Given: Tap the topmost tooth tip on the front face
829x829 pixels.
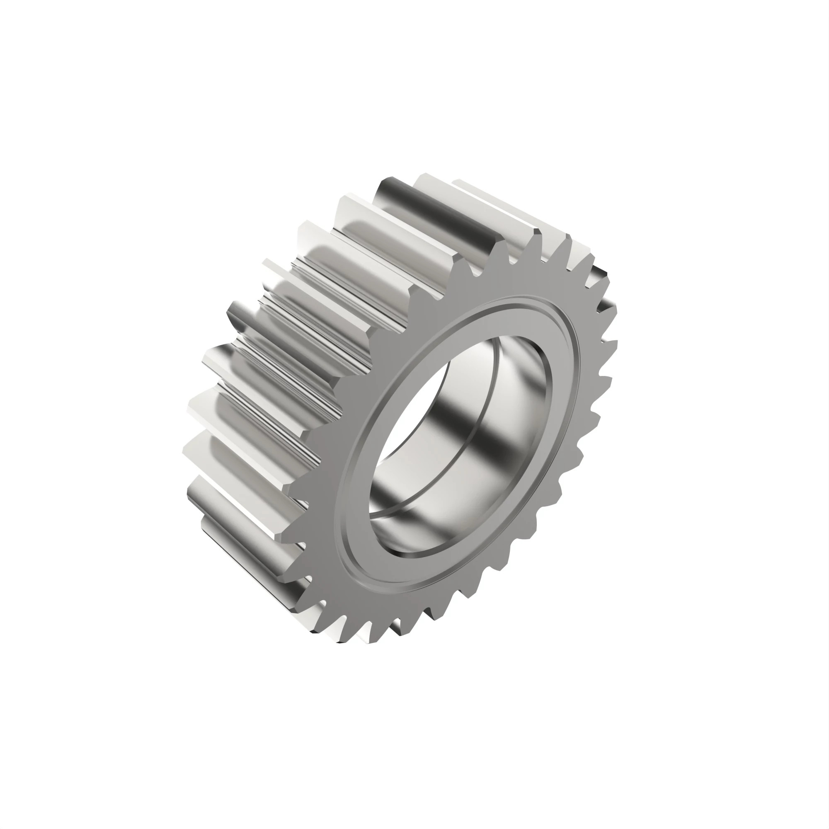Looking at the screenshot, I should pos(536,234).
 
